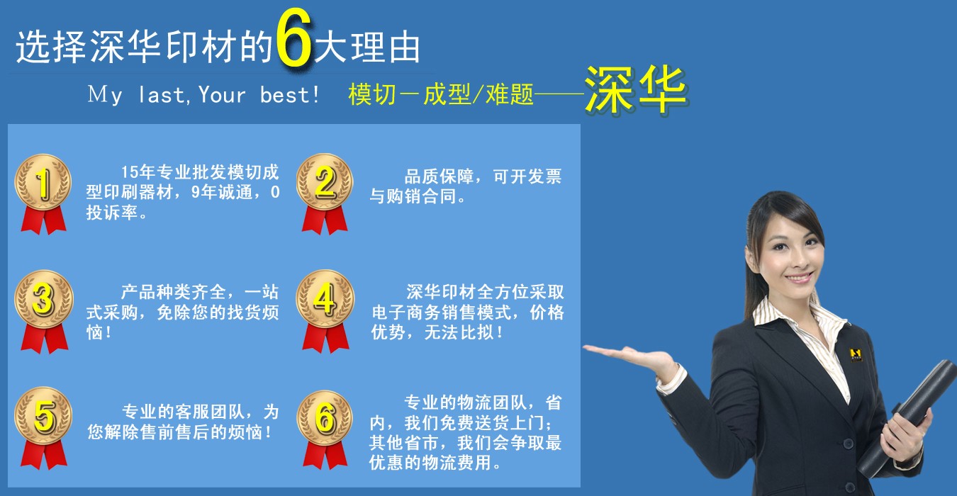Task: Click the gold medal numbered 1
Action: [x=43, y=184]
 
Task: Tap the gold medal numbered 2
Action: [x=324, y=182]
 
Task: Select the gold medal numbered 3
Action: [x=43, y=300]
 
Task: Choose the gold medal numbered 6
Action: [x=324, y=418]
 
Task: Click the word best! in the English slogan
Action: [x=290, y=95]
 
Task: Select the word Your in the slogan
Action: [x=222, y=95]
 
